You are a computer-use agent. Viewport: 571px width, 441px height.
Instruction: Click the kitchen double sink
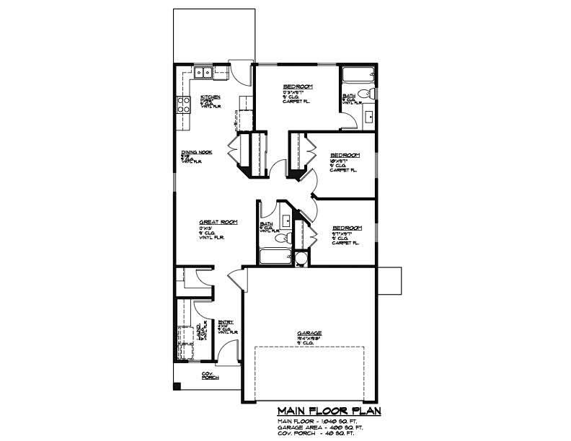click(203, 71)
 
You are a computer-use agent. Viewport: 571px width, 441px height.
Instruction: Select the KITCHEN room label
click(210, 97)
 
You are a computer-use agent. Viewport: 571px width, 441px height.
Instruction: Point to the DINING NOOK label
click(195, 153)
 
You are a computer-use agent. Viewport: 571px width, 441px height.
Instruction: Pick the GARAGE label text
click(308, 333)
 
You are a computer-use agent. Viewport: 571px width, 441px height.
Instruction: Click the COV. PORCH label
click(209, 375)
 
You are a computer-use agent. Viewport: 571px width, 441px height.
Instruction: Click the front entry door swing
click(228, 353)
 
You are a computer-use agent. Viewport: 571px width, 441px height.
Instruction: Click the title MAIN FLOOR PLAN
click(328, 411)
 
